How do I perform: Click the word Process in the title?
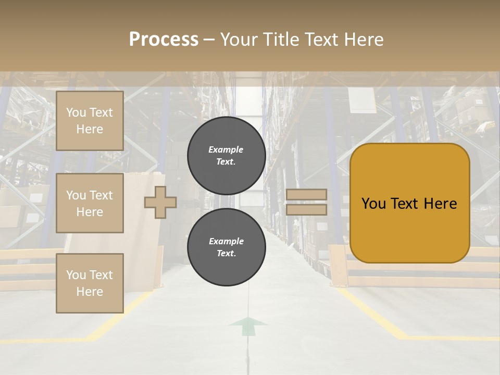coord(164,40)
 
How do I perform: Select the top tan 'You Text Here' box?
coord(90,121)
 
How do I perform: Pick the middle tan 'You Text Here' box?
coord(90,203)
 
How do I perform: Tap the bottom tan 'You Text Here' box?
coord(90,283)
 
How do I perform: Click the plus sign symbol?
coord(160,202)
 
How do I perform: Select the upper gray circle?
coord(227,155)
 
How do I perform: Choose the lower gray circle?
coord(227,247)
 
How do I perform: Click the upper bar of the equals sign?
coord(306,194)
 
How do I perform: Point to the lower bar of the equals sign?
coord(306,209)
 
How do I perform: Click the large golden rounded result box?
coord(409,203)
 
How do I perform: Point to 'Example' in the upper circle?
coord(226,149)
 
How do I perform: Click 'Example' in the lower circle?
coord(226,241)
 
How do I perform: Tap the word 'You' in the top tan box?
coord(76,113)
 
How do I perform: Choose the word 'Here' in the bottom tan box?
coord(90,292)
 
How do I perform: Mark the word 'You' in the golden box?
coord(373,204)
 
